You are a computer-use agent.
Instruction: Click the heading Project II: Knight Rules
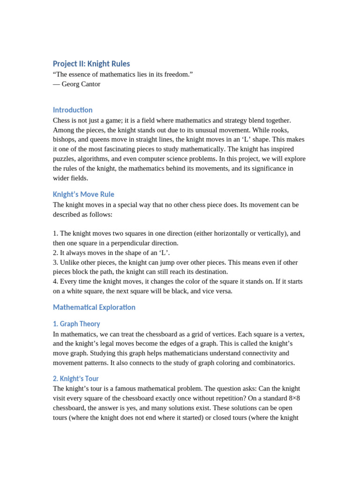[x=91, y=63]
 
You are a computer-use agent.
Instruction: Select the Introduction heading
[x=73, y=110]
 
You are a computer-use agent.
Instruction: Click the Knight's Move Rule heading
[x=83, y=194]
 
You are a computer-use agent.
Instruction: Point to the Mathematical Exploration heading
[x=94, y=307]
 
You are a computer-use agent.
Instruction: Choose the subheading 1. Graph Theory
[x=76, y=324]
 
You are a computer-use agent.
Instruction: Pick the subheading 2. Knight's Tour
[x=76, y=378]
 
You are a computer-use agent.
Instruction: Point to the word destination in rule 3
[x=210, y=271]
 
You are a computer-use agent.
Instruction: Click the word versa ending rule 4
[x=223, y=291]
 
